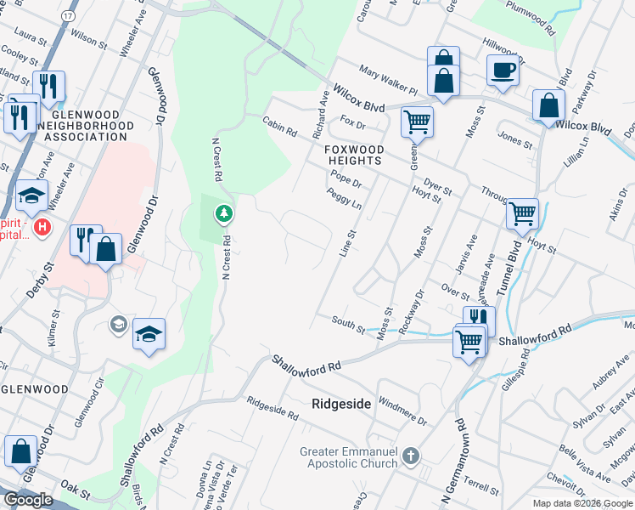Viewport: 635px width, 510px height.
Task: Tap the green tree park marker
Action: (x=223, y=212)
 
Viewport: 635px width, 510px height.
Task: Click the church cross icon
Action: (x=411, y=456)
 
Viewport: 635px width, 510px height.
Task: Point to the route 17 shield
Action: (x=68, y=16)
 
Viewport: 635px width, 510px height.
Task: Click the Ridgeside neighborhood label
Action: (x=341, y=404)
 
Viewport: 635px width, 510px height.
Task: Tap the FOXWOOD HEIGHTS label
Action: (x=354, y=156)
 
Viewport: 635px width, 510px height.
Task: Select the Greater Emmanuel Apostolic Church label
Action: (x=348, y=457)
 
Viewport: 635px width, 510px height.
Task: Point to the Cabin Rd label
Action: (x=279, y=127)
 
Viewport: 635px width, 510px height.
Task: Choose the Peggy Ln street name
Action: (x=344, y=200)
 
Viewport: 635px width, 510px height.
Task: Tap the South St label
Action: (x=348, y=323)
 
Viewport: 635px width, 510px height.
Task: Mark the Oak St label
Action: (x=76, y=485)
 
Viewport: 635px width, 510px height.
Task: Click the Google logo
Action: (x=28, y=500)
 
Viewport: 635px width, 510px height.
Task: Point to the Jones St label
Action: (x=514, y=140)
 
